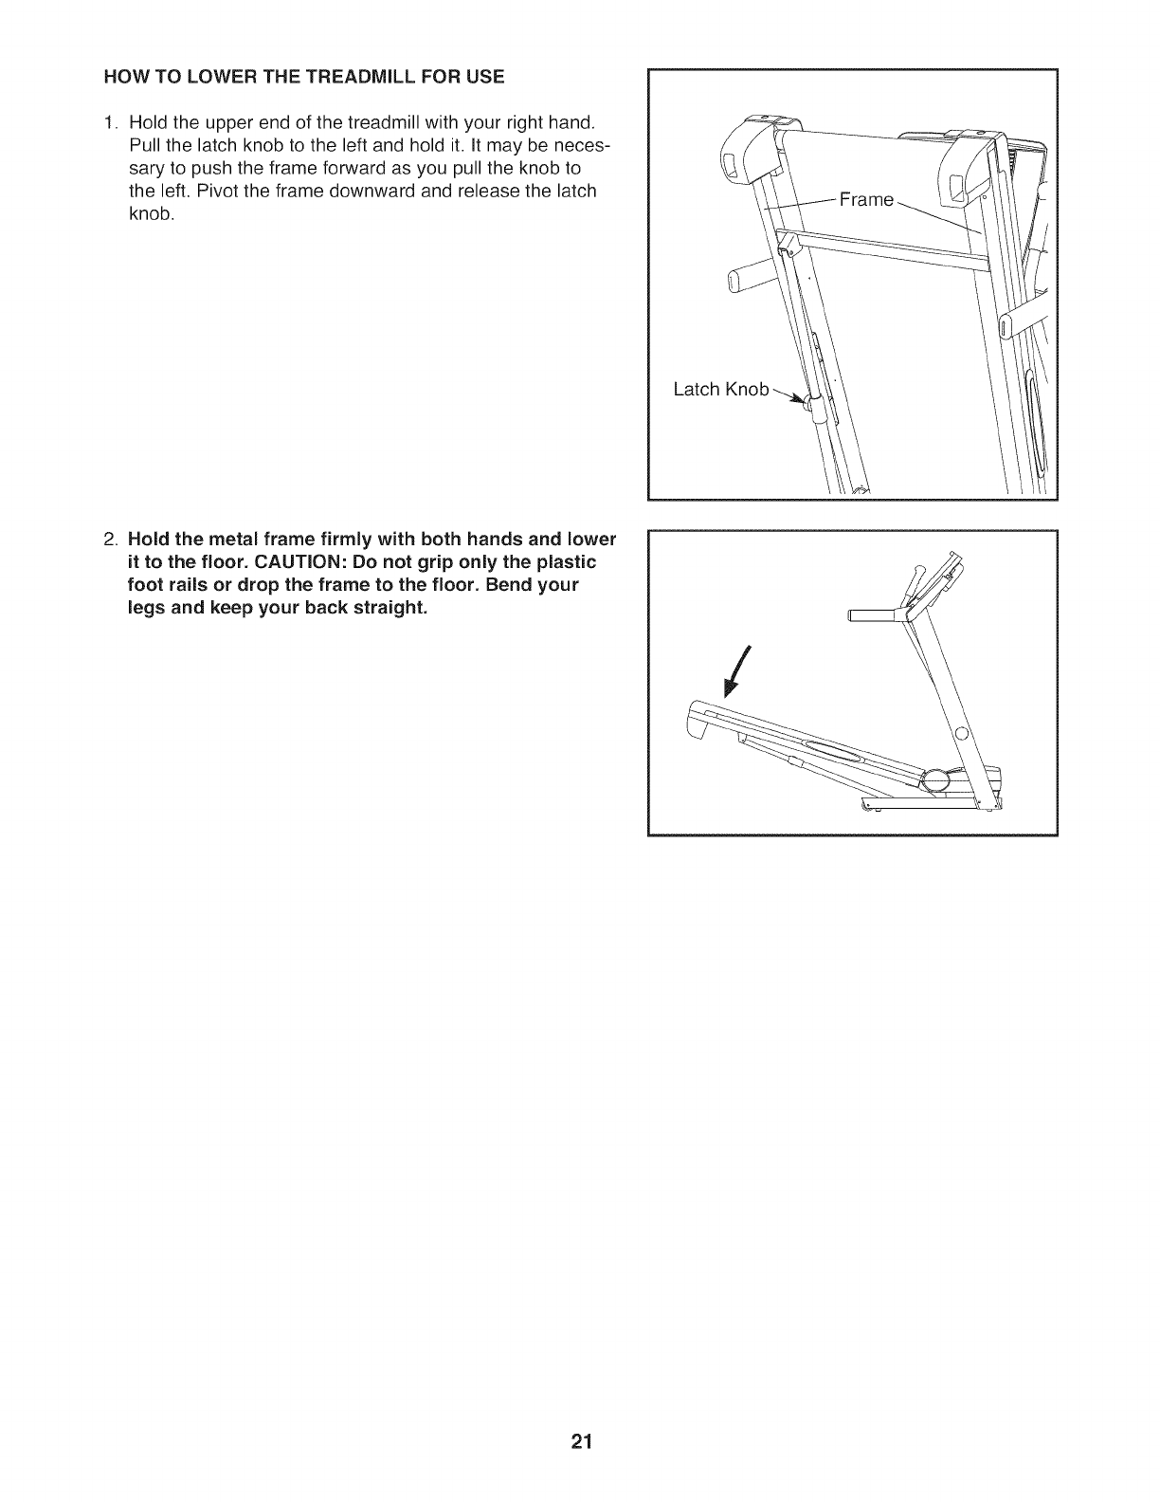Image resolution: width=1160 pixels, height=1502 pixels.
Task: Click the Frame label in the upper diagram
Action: [867, 199]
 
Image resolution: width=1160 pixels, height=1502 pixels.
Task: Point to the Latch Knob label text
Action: [720, 390]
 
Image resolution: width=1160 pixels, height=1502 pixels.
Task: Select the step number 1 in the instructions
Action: [111, 122]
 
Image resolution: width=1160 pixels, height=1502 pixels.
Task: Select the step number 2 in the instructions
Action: [111, 540]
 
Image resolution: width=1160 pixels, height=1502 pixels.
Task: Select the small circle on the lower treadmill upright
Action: [962, 733]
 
